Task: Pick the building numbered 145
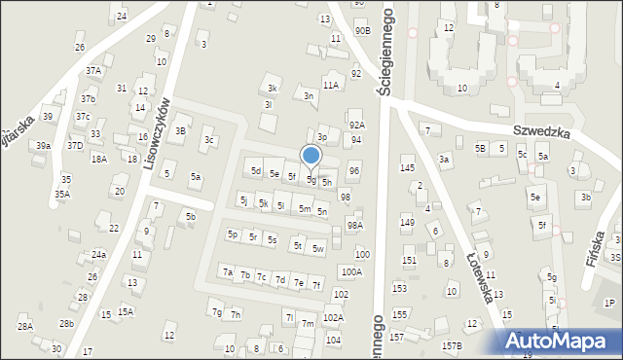tap(408, 168)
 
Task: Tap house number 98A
tap(355, 225)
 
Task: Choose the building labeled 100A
tap(351, 271)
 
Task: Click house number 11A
tap(331, 86)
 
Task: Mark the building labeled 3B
tap(180, 130)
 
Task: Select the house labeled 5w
tap(318, 248)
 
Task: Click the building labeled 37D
tap(75, 145)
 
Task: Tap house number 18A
tap(98, 159)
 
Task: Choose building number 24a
tap(98, 254)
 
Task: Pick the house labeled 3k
tap(274, 89)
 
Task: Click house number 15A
tap(126, 311)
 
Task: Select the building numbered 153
tap(399, 288)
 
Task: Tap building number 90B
tap(362, 30)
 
